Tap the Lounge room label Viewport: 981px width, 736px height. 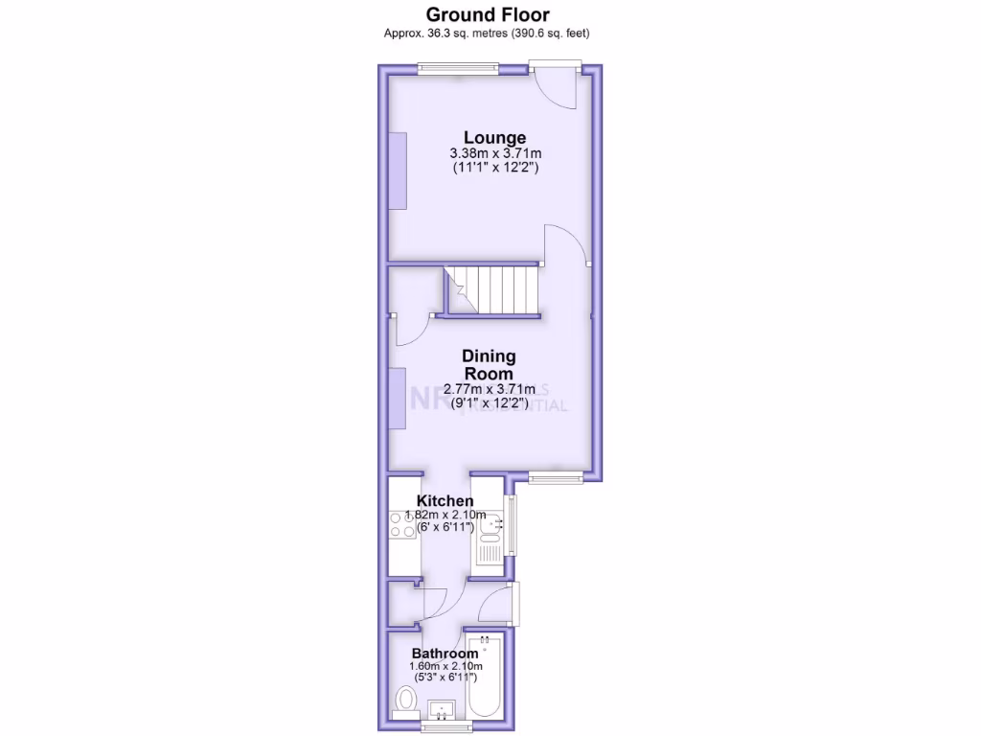tap(495, 137)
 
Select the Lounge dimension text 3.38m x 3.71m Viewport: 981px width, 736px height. tap(496, 153)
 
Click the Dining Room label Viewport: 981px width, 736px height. tap(489, 365)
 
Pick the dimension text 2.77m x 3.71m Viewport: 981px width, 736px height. tap(489, 389)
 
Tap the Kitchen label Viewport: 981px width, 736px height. tap(445, 501)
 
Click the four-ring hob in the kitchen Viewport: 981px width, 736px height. tap(401, 524)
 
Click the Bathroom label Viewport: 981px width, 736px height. tap(445, 654)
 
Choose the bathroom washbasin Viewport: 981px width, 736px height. tap(443, 711)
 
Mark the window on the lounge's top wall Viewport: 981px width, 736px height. tap(458, 67)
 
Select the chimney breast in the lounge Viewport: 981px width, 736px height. tap(397, 169)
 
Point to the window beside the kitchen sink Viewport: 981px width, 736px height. tap(511, 525)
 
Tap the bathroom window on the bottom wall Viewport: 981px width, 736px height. tap(447, 727)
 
